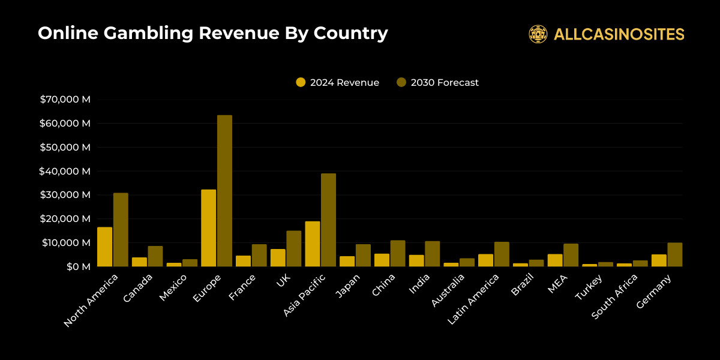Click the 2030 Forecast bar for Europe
tap(224, 191)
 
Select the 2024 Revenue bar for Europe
tap(208, 228)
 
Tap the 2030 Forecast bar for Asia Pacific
tap(328, 220)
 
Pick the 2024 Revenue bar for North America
tap(104, 247)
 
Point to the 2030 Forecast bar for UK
tap(294, 248)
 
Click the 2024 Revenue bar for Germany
tap(659, 260)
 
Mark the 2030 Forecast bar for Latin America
tap(502, 254)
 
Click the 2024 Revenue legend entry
tap(338, 83)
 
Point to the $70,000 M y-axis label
tap(65, 100)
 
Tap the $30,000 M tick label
tap(65, 195)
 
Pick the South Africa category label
tap(614, 296)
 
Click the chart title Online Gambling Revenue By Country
tap(212, 34)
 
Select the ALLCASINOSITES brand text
tap(619, 34)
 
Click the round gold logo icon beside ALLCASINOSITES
tap(538, 34)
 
